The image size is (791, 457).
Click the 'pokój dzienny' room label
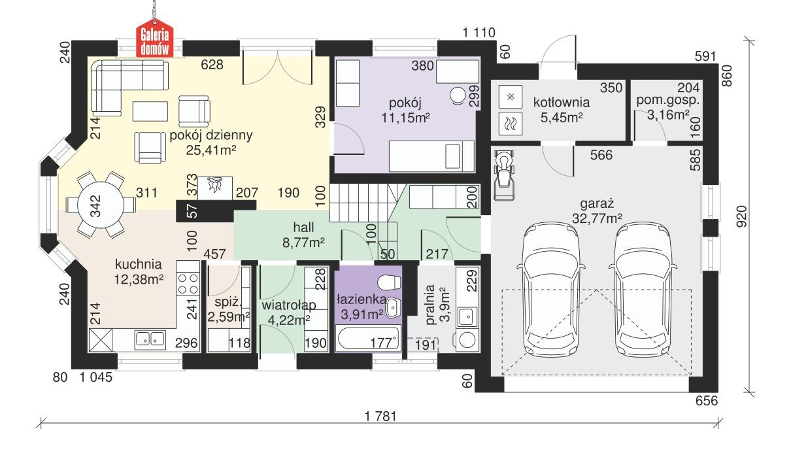click(201, 136)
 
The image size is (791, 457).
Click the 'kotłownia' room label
click(561, 102)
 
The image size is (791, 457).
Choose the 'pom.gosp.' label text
click(667, 101)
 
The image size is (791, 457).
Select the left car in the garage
click(550, 288)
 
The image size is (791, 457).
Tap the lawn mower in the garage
click(504, 174)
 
